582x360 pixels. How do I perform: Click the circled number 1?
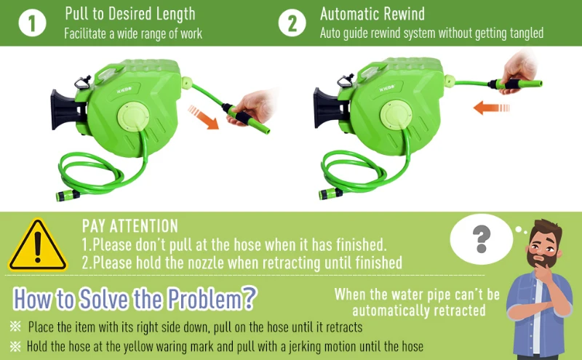[x=32, y=23]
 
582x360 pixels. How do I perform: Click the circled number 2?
[x=292, y=23]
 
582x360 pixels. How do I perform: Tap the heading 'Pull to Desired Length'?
[x=130, y=14]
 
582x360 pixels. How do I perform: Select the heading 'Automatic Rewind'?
[x=372, y=14]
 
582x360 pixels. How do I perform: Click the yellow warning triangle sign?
[x=38, y=246]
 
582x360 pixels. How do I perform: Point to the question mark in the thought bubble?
[x=482, y=239]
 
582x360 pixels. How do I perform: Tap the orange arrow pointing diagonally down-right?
[x=204, y=117]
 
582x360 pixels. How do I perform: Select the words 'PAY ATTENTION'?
[x=130, y=226]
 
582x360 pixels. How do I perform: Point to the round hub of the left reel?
[x=133, y=116]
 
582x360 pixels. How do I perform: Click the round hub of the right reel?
[x=396, y=115]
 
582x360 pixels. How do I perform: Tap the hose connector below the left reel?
[x=68, y=195]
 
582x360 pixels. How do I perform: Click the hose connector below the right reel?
[x=331, y=193]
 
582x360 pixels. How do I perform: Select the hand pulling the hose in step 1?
[x=252, y=108]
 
